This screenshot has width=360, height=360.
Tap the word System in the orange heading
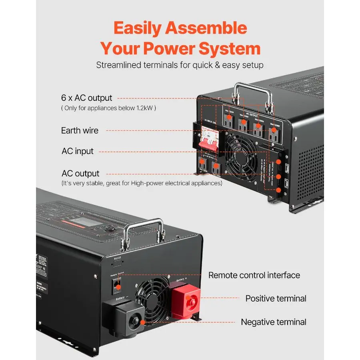[230, 49]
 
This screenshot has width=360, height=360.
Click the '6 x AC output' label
[87, 98]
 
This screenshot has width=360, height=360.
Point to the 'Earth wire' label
[80, 130]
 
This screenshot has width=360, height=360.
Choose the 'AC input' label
[78, 151]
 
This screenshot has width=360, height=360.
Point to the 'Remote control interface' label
[254, 275]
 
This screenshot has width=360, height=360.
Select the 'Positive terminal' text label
[276, 298]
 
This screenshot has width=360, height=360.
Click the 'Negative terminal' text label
[274, 322]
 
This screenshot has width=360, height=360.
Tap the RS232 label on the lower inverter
[117, 258]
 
